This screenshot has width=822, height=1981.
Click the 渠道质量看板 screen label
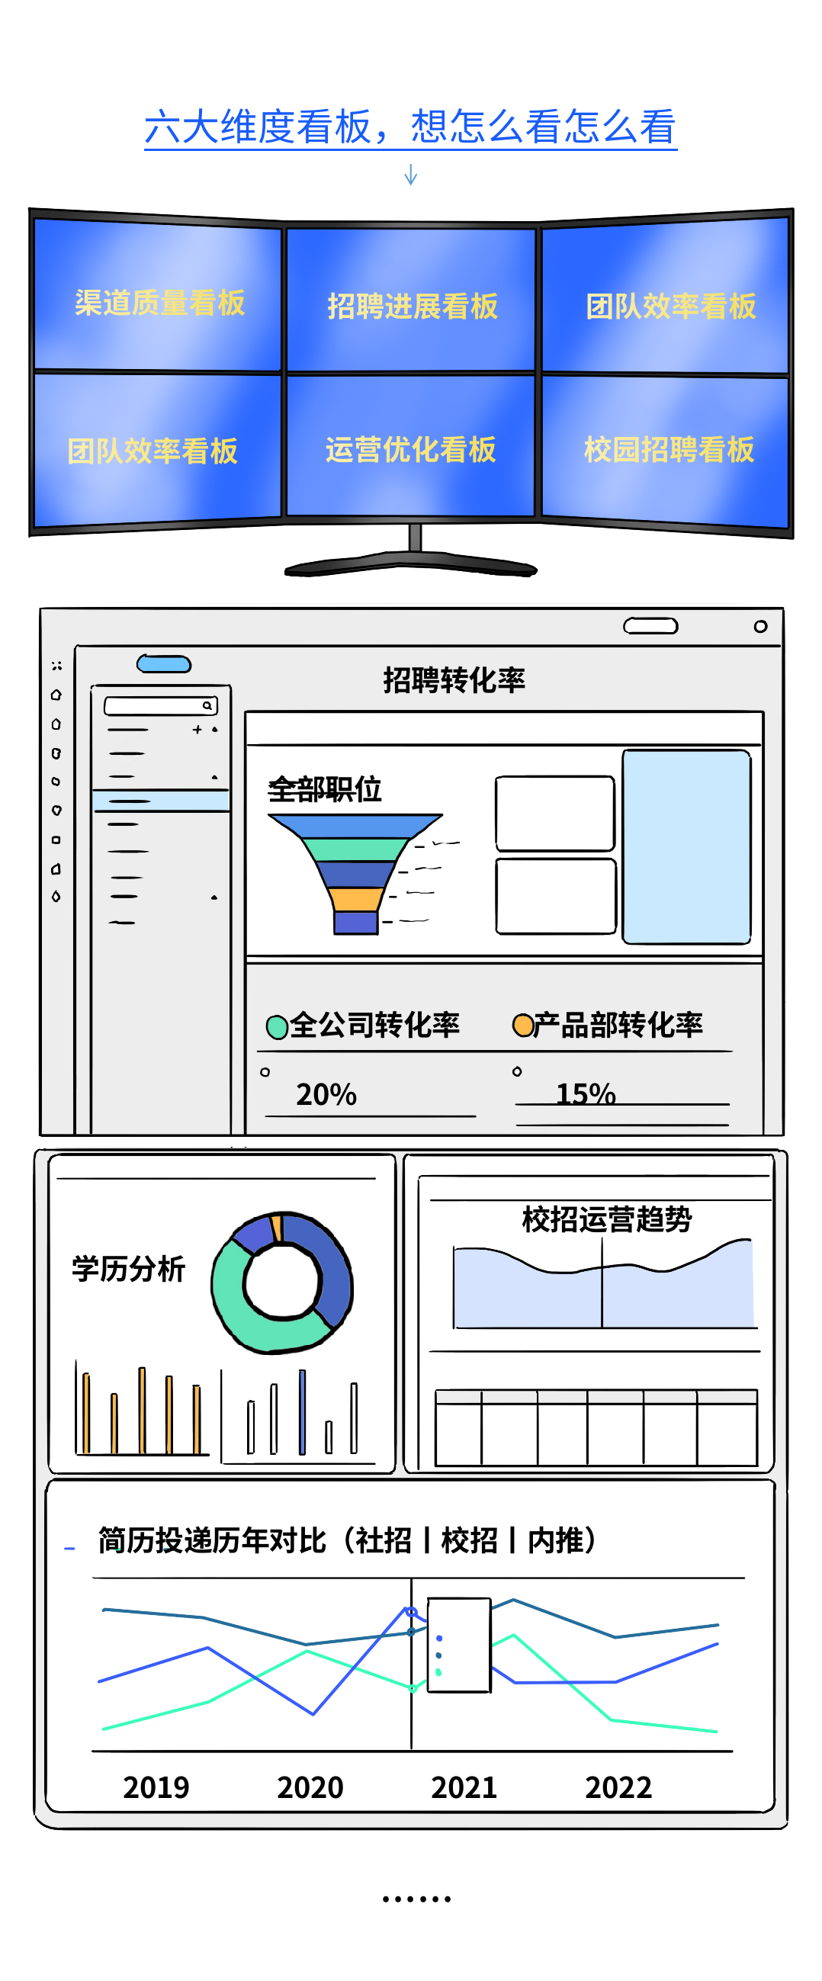pyautogui.click(x=160, y=303)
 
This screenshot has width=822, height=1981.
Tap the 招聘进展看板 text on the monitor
pyautogui.click(x=413, y=306)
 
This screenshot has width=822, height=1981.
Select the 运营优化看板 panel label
pyautogui.click(x=410, y=450)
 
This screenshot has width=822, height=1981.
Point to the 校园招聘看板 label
pyautogui.click(x=669, y=450)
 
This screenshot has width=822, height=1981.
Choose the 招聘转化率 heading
pyautogui.click(x=454, y=681)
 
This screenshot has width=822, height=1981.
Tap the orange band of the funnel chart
pyautogui.click(x=355, y=898)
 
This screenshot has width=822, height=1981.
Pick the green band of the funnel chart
pyautogui.click(x=355, y=849)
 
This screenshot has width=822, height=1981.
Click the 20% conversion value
pyautogui.click(x=326, y=1094)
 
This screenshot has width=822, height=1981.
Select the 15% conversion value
pyautogui.click(x=585, y=1093)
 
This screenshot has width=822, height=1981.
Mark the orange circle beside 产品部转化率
pyautogui.click(x=523, y=1025)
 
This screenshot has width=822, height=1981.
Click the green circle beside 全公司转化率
pyautogui.click(x=277, y=1026)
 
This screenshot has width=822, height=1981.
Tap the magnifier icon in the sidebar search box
pyautogui.click(x=207, y=705)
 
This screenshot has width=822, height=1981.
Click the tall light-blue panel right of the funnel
pyautogui.click(x=686, y=846)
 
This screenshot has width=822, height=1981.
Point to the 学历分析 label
pyautogui.click(x=128, y=1269)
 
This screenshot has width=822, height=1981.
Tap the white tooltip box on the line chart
pyautogui.click(x=459, y=1645)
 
